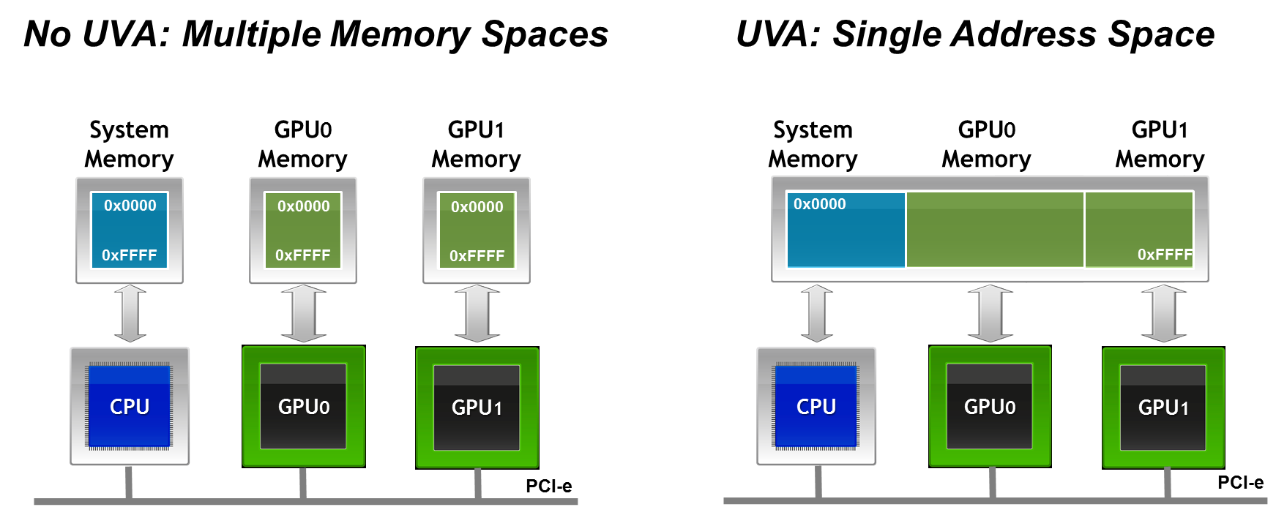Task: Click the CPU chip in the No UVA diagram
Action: tap(130, 406)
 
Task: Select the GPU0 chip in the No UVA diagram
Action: tap(304, 406)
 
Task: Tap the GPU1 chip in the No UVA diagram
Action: tap(477, 408)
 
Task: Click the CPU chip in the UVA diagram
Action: tap(816, 406)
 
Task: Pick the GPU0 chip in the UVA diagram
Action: tap(990, 406)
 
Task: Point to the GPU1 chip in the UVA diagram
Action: tap(1163, 408)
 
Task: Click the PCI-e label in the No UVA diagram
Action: tap(548, 486)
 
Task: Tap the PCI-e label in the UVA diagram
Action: tap(1240, 482)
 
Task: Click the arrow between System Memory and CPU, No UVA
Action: tap(130, 314)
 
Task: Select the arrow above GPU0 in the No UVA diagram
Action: tap(304, 314)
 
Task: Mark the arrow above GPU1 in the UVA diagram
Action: tap(1163, 314)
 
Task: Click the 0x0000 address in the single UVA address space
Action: tap(819, 204)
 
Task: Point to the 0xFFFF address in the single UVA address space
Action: tap(1165, 255)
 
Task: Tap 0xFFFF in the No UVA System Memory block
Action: tap(130, 255)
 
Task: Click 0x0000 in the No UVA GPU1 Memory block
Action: tap(477, 207)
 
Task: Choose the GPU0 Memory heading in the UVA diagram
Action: tap(986, 144)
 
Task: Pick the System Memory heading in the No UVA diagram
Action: tap(130, 144)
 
